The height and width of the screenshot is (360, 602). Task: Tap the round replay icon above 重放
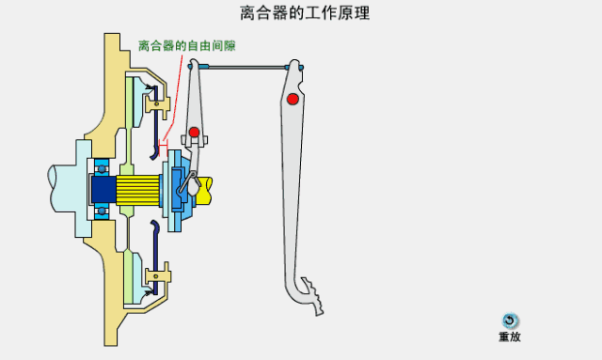click(510, 321)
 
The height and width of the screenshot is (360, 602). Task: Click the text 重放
click(510, 337)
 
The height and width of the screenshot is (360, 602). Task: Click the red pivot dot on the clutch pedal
click(293, 99)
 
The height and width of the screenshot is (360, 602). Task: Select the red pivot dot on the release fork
click(194, 131)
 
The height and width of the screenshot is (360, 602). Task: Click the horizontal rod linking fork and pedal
click(245, 67)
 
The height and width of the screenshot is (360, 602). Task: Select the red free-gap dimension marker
click(164, 145)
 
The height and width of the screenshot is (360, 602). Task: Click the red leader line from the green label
click(170, 99)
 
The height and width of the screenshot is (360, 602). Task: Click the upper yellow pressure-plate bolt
click(157, 95)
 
